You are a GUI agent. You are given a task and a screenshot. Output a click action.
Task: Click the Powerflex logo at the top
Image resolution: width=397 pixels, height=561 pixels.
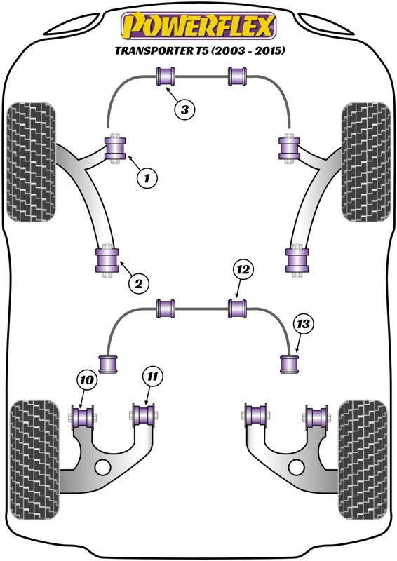pos(198,25)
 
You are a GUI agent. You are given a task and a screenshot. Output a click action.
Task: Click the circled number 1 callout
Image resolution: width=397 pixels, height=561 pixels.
pos(147,177)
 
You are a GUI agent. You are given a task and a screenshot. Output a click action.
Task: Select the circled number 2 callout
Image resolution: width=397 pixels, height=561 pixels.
pos(138,284)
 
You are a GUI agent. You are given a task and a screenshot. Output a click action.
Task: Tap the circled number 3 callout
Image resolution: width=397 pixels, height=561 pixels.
pos(184,109)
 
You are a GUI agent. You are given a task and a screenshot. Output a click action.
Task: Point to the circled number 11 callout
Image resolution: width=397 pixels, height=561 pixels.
pos(152,376)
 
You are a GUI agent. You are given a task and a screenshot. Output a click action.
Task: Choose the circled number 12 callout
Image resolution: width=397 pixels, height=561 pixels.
pos(243,269)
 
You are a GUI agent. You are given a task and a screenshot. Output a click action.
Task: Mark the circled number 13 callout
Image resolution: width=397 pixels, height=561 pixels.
pos(303,324)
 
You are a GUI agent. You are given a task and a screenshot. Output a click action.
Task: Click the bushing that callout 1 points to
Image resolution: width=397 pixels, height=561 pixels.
pos(115,148)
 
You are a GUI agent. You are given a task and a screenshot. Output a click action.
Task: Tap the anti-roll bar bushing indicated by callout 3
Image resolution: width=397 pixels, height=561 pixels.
pos(166,76)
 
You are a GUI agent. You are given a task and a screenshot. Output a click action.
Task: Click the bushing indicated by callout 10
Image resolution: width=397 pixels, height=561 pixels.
pos(83,417)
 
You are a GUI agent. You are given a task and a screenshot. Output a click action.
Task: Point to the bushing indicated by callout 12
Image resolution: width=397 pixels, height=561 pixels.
pos(238,309)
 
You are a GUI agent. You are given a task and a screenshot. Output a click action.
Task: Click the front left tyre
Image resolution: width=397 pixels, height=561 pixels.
pos(31,162)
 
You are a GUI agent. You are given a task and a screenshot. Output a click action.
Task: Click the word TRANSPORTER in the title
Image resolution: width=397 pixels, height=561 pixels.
pos(161,50)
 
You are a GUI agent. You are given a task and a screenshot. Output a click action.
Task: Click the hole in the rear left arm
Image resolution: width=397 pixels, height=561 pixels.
pos(103,466)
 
